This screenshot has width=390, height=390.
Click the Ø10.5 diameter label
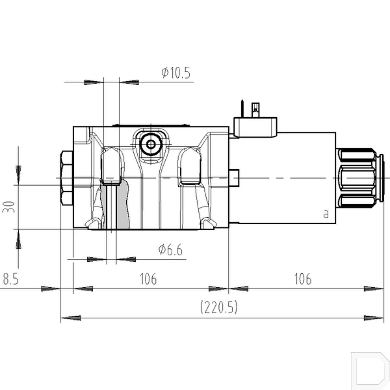pos(176,73)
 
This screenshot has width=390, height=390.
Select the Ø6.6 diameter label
pos(170,250)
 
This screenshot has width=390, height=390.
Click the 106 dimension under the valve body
pos(148,279)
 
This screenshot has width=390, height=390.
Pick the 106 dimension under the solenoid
pos(303,279)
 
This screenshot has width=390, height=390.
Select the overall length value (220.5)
pos(219,307)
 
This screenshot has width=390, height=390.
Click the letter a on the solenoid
pos(326,214)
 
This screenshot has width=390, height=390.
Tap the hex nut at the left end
pos(67,178)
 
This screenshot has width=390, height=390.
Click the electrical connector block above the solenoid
pos(255,127)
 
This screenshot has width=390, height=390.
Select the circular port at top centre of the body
pos(151,144)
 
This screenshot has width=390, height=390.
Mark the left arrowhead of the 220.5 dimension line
pos(71,318)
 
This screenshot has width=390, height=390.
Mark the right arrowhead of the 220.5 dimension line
pos(374,318)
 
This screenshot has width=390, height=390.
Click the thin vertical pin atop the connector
pos(242,108)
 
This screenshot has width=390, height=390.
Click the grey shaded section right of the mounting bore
pos(123,205)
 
